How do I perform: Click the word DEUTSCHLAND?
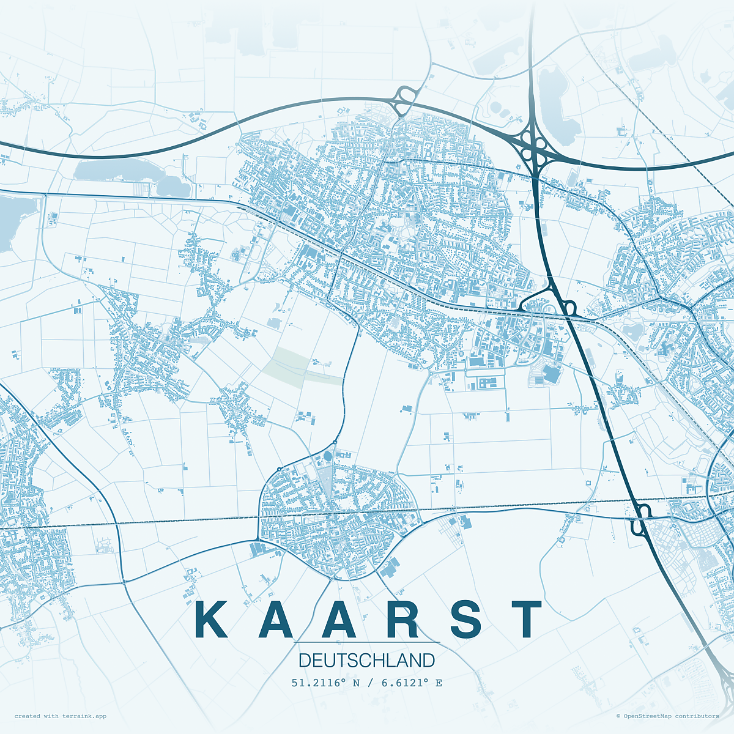pyautogui.click(x=367, y=661)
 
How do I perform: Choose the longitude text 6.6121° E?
pyautogui.click(x=412, y=683)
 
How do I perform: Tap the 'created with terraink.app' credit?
pyautogui.click(x=61, y=716)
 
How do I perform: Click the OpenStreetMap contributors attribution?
pyautogui.click(x=667, y=716)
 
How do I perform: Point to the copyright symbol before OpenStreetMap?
pyautogui.click(x=618, y=716)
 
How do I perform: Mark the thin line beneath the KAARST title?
pyautogui.click(x=367, y=642)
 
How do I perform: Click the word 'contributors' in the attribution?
pyautogui.click(x=698, y=716)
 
